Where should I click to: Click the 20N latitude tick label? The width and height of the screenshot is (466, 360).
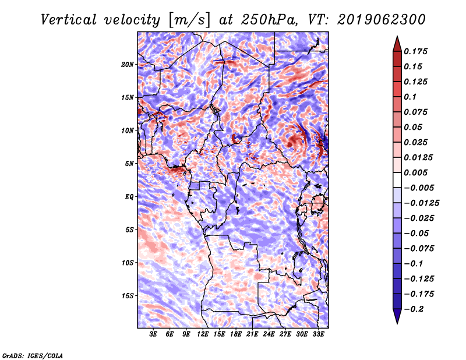[x=128, y=64]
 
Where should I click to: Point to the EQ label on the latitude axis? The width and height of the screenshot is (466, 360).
[x=129, y=197]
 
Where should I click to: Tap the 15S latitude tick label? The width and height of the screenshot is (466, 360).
[x=128, y=296]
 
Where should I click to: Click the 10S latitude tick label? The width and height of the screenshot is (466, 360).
[x=128, y=263]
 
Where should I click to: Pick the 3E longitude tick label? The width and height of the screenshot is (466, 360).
[x=154, y=334]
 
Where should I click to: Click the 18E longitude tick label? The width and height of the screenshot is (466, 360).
[x=236, y=334]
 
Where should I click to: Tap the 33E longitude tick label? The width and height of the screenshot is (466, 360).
[x=319, y=334]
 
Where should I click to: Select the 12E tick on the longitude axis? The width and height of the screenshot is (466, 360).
[x=203, y=334]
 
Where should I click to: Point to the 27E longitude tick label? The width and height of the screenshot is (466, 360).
[x=285, y=334]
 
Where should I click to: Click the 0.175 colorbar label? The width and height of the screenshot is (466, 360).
[x=417, y=51]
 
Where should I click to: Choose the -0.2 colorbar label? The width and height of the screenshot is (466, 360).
[x=415, y=309]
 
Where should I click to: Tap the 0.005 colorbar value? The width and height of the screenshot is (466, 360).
[x=417, y=172]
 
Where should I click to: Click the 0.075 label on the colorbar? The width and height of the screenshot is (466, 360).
[x=417, y=112]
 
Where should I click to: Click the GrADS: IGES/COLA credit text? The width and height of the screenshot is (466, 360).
[x=33, y=355]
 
